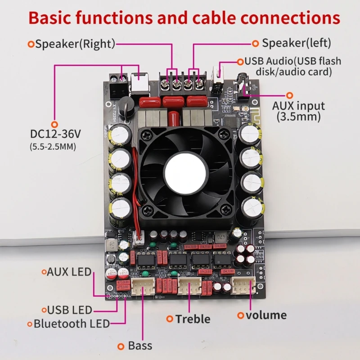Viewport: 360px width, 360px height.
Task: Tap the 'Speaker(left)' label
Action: [x=296, y=43]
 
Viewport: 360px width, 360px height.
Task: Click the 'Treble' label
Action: [x=193, y=319]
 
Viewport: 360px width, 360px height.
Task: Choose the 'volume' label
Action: [x=266, y=315]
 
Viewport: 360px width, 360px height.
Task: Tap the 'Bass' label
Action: [x=140, y=346]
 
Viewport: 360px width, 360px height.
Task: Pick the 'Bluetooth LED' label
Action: [x=72, y=323]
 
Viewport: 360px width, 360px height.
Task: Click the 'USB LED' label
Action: [x=69, y=310]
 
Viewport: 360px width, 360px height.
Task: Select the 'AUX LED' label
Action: [x=69, y=271]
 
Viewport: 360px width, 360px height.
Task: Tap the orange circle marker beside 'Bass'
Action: [x=121, y=346]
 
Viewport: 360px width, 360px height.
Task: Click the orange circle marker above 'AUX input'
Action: [x=290, y=95]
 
